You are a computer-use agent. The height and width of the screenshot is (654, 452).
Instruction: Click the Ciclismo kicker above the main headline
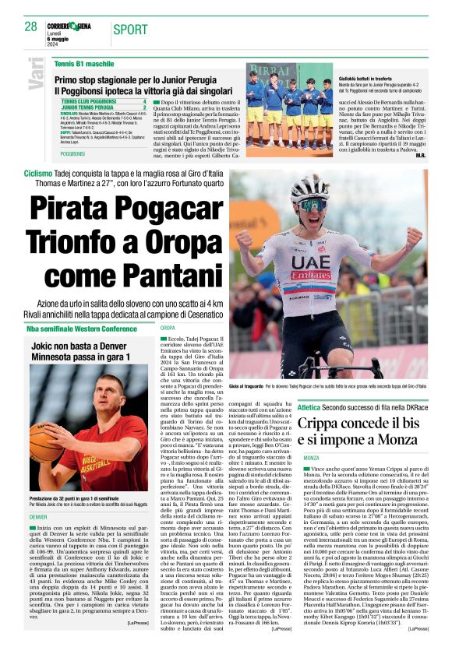[x=39, y=173]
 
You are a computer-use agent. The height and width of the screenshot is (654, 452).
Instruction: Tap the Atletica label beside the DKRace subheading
[x=309, y=406]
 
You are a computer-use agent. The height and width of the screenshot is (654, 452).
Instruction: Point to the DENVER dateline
[x=38, y=517]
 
